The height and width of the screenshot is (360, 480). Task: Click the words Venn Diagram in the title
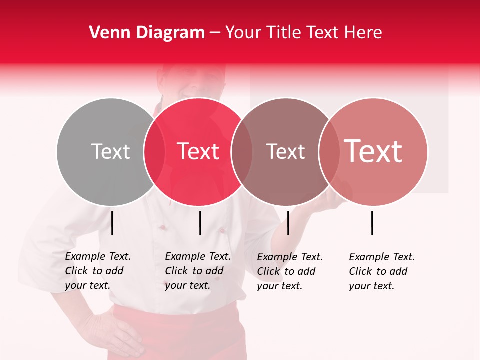coord(146,33)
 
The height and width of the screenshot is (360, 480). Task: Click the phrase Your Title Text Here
coord(303,33)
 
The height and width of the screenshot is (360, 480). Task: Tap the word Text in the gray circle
coord(110,151)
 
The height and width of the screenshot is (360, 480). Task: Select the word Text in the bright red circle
coord(198,151)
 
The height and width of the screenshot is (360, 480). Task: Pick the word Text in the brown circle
coord(285,151)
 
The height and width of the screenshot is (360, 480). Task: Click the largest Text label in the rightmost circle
coord(373,151)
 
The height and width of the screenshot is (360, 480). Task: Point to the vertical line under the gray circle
coord(112,223)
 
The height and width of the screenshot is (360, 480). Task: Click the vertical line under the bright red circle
coord(200,223)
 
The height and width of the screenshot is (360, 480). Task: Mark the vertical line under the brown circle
coord(288,223)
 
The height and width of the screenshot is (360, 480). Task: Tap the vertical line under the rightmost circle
coord(372,223)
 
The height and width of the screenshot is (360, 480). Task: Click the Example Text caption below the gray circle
coord(98,271)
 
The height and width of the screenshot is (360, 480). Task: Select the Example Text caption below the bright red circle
coord(198,271)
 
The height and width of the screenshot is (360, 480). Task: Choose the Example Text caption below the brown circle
coord(290,271)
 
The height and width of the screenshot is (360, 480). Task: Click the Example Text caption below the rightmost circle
coord(382,271)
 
